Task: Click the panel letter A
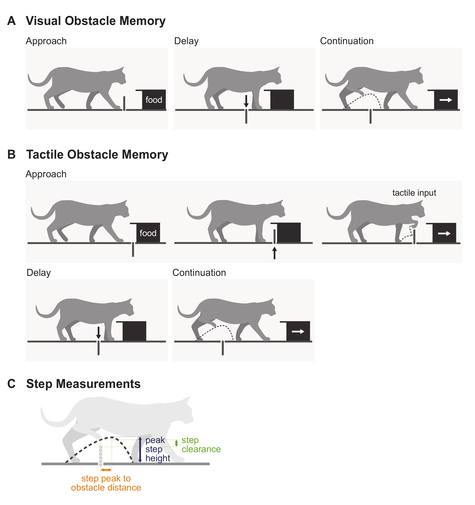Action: tap(11, 21)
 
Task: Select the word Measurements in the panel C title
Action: tap(98, 384)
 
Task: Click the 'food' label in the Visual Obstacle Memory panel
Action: tap(154, 100)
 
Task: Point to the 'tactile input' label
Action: tap(414, 193)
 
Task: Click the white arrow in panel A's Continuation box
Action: tap(446, 100)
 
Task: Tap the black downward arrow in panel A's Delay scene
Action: tap(246, 101)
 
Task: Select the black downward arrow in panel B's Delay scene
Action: tap(99, 333)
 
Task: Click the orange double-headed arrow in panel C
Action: tap(106, 470)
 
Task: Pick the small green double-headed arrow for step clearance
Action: tap(177, 443)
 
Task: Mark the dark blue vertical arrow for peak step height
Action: tap(140, 450)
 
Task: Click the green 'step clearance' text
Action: tap(201, 445)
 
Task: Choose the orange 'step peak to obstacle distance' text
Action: tap(106, 483)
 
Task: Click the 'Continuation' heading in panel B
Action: tap(199, 273)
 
